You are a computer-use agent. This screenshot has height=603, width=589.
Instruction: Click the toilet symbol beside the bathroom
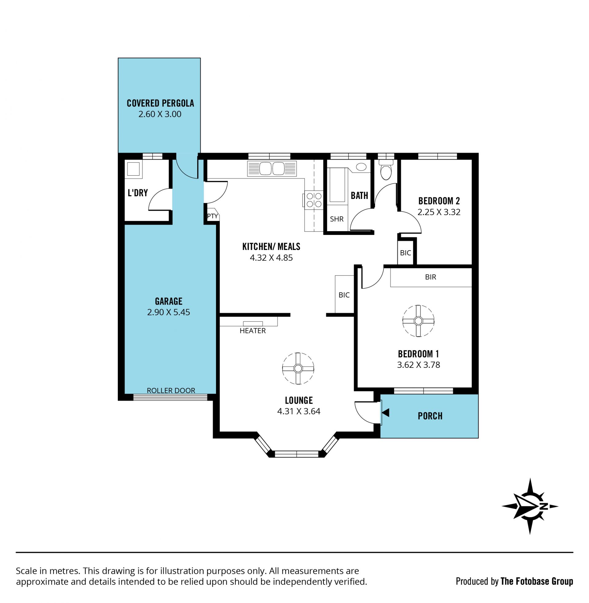(x=386, y=170)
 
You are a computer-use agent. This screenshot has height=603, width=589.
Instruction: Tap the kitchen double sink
(x=271, y=169)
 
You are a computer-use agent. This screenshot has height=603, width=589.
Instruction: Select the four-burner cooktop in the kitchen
(x=314, y=200)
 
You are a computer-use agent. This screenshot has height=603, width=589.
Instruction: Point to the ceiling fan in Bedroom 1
(x=418, y=321)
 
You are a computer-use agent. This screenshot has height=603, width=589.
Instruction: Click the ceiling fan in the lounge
(x=298, y=368)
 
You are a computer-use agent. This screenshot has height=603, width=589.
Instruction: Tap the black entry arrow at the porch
(x=385, y=413)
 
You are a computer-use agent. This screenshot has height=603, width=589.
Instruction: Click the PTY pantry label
(x=213, y=216)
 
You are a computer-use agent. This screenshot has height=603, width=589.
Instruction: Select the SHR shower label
(x=337, y=219)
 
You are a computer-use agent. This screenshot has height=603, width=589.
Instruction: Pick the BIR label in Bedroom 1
(x=430, y=277)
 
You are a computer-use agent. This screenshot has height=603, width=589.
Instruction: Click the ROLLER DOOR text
(x=171, y=391)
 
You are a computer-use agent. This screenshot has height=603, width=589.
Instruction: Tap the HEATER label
(x=252, y=331)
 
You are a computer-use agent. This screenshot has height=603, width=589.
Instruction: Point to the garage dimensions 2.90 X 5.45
(x=168, y=312)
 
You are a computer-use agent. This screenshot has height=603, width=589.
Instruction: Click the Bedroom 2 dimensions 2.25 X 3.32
(x=439, y=212)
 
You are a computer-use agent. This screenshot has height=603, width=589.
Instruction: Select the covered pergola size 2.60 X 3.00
(x=160, y=114)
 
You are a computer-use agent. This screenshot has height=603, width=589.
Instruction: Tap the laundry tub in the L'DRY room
(x=133, y=169)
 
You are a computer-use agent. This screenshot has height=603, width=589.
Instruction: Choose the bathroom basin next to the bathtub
(x=361, y=167)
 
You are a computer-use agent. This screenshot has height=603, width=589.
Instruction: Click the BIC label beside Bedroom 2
(x=405, y=253)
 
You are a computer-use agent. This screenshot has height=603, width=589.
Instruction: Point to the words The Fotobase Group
(x=537, y=581)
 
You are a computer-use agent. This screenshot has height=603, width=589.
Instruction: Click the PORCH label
(x=430, y=416)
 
